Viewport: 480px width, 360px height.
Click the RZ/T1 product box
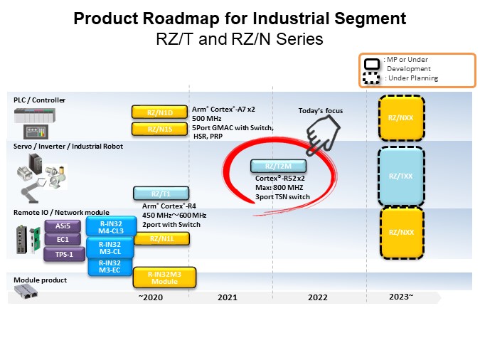coord(161,194)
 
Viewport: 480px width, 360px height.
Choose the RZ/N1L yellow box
coord(161,239)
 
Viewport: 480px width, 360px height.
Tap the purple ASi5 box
coord(62,226)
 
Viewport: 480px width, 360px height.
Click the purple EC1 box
coord(62,240)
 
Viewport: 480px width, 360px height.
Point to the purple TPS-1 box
coord(62,254)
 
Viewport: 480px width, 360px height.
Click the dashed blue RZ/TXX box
coord(401,175)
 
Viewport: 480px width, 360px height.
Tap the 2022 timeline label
coord(318,298)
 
